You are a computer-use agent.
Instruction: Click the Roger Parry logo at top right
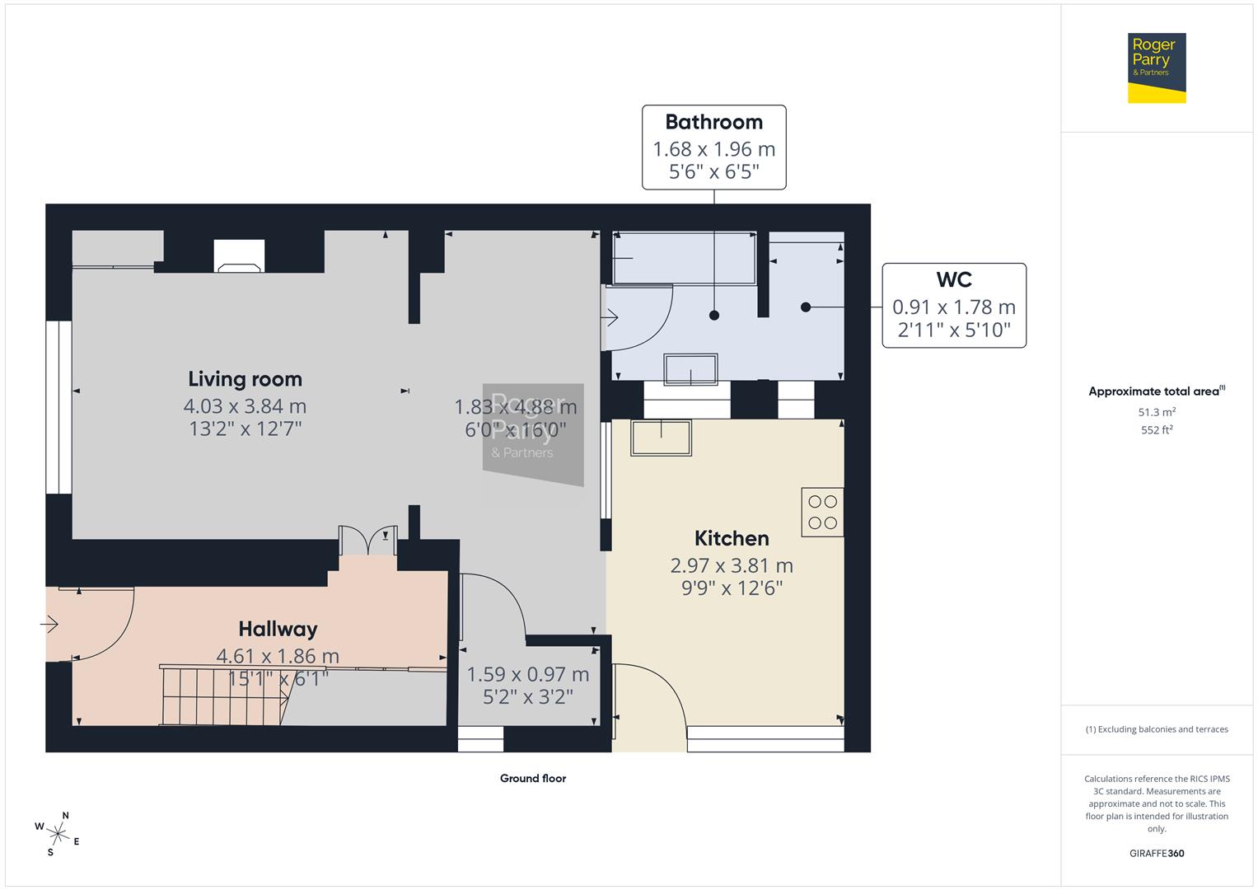1156,68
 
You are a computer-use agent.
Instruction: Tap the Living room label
245,379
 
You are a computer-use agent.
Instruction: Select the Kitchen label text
732,538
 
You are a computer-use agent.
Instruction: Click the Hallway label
278,629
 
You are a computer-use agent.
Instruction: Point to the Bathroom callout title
713,122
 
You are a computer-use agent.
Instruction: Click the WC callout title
953,280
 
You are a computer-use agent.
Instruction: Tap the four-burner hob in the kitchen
822,512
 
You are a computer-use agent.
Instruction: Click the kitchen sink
661,438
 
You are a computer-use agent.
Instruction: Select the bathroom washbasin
691,369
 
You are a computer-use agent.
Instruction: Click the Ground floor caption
532,778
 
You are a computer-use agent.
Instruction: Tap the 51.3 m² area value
1156,412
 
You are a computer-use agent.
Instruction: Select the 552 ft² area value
1156,430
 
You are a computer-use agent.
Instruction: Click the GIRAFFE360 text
1156,853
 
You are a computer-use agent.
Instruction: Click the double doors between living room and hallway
368,541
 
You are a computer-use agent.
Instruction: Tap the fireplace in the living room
239,255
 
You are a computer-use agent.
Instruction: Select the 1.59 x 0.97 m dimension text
527,674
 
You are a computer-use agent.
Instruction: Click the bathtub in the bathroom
684,258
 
